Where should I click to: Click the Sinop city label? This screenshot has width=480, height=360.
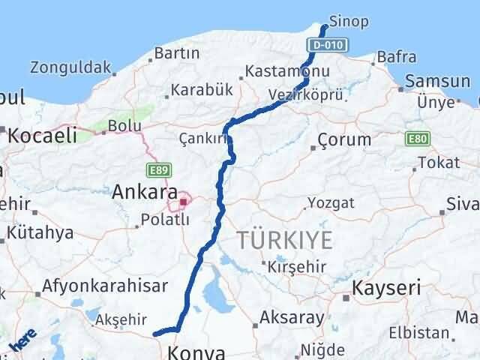tap(349, 21)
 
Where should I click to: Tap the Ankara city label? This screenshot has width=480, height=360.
tap(145, 192)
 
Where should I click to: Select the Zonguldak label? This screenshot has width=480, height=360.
tap(70, 67)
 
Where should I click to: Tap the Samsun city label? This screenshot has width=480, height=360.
tap(432, 80)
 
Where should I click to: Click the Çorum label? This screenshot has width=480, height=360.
tap(344, 139)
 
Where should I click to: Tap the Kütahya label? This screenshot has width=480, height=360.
tap(41, 232)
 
